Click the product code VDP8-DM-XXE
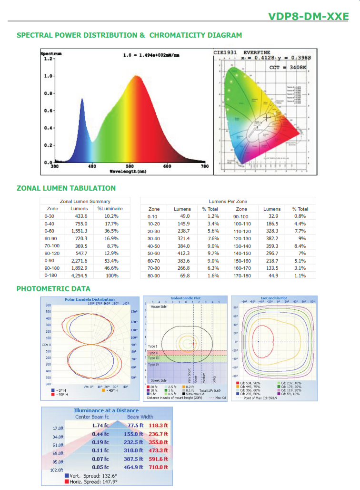(x=309, y=17)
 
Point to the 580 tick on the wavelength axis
(x=130, y=166)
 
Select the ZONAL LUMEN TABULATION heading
(x=66, y=188)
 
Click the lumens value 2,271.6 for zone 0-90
(x=79, y=261)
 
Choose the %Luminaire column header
(x=110, y=208)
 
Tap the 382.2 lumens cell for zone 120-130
(x=272, y=238)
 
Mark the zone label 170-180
(x=241, y=276)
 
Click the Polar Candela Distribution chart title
(x=90, y=299)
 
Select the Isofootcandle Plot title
(x=185, y=298)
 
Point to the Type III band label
(x=154, y=357)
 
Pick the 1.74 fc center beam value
(x=100, y=425)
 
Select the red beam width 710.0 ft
(x=159, y=467)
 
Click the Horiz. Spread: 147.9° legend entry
(x=93, y=481)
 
